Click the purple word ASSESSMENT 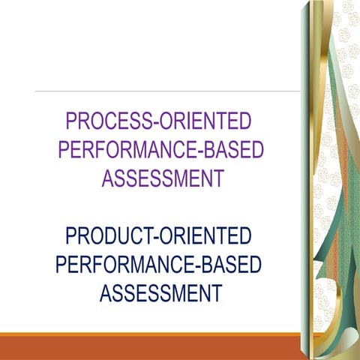163,179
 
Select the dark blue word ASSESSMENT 161,293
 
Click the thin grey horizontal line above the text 165,91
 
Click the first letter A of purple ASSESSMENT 109,179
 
